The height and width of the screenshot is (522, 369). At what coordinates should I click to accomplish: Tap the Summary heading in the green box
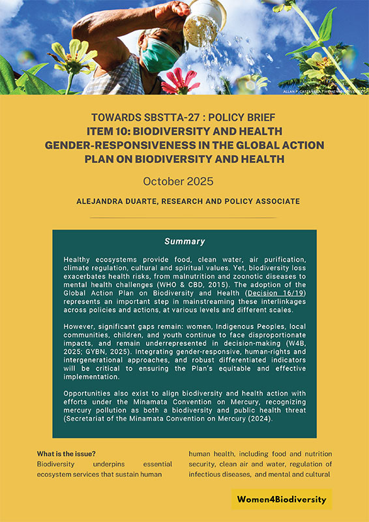184,241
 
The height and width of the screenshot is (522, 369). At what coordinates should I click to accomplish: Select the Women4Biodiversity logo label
282,499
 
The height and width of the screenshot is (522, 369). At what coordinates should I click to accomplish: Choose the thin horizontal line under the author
184,218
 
